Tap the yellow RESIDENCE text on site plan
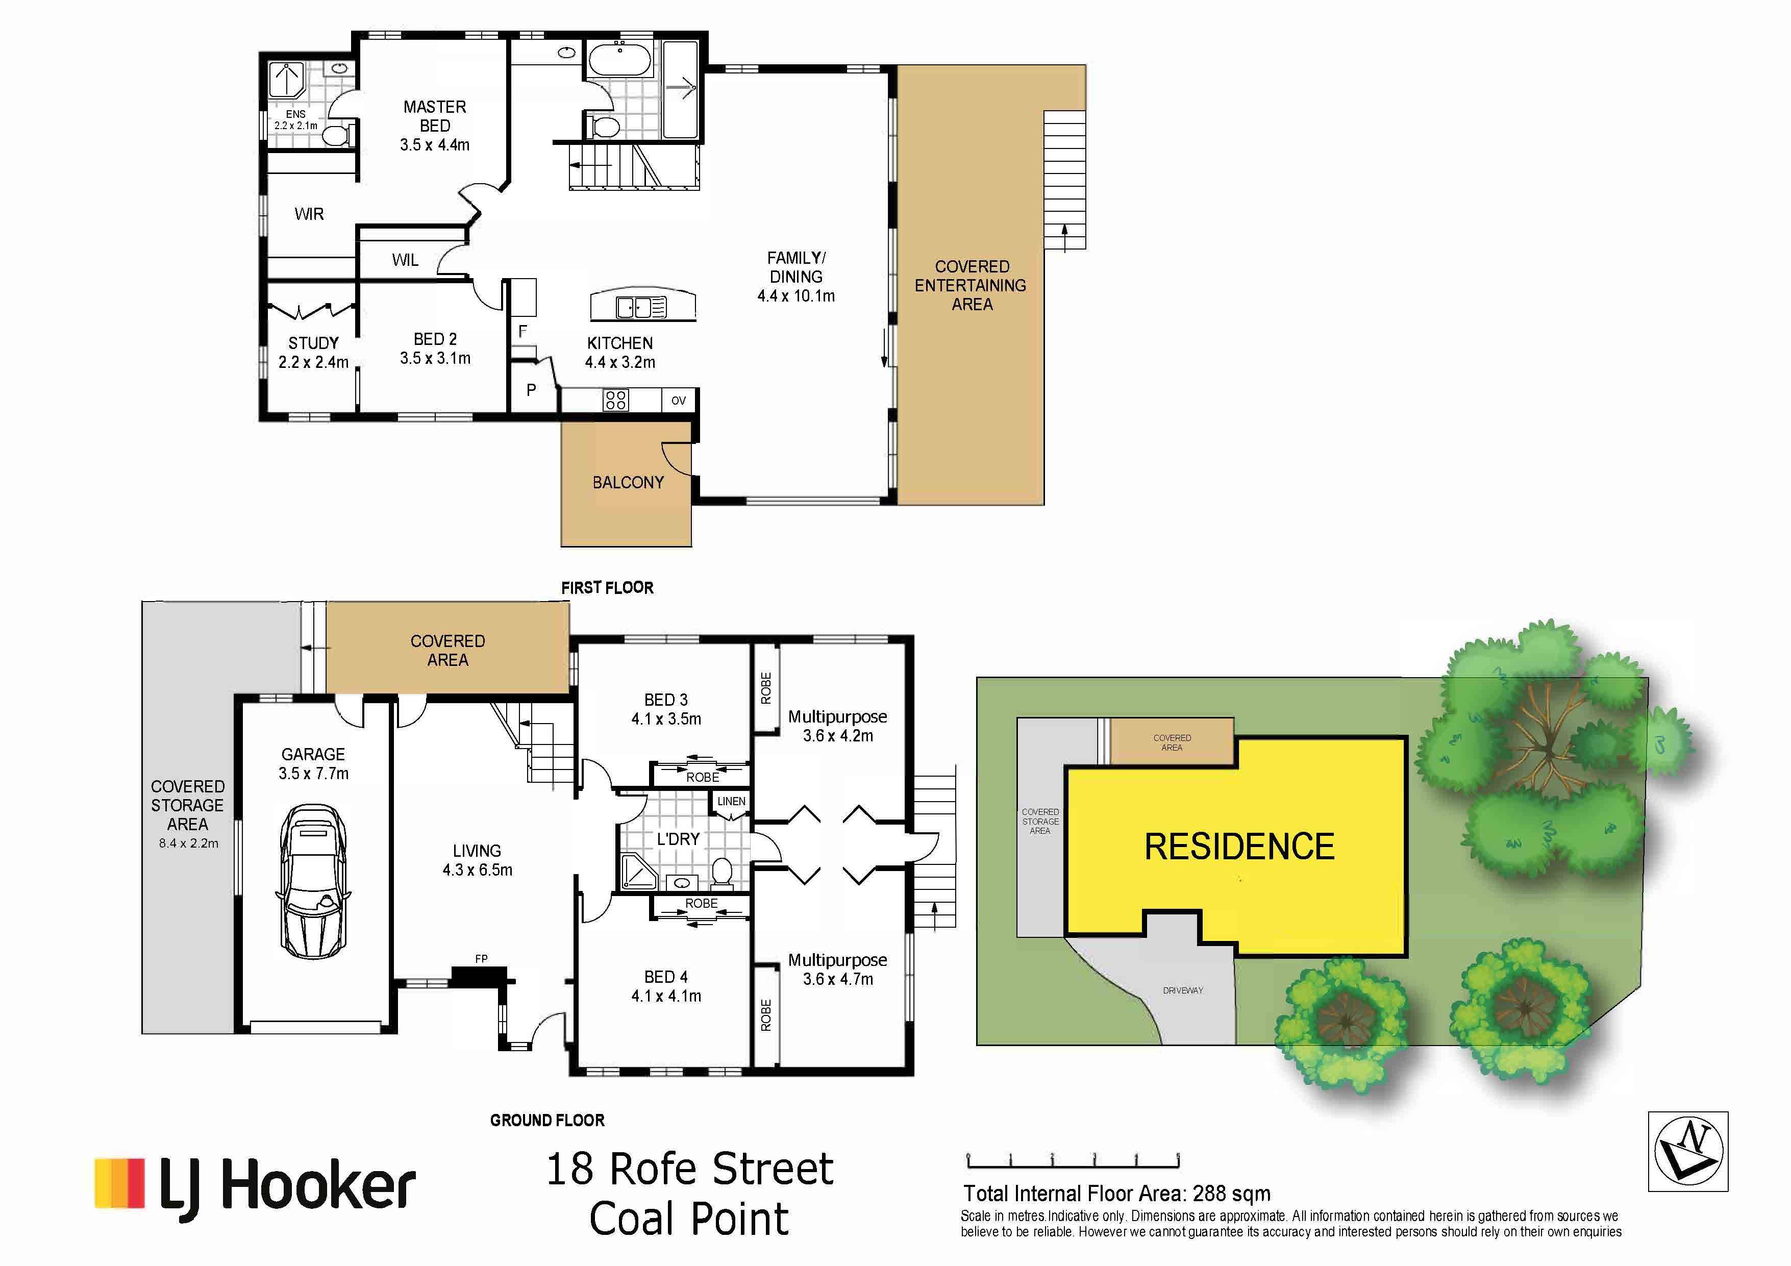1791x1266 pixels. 1239,847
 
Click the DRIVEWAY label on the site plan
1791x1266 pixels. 1183,990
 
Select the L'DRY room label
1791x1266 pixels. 677,839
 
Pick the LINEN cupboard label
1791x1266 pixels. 731,801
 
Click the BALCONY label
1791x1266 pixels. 628,483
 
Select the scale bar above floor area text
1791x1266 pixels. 1073,1161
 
